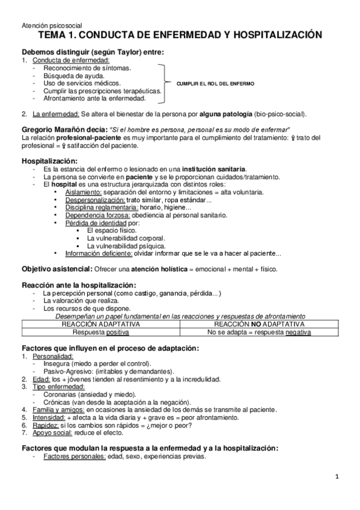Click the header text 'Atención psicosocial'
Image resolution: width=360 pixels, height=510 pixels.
pyautogui.click(x=46, y=26)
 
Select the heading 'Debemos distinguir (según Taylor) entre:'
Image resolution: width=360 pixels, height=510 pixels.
pyautogui.click(x=93, y=52)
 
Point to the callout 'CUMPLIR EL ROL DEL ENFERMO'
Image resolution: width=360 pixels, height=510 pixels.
pyautogui.click(x=215, y=83)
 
